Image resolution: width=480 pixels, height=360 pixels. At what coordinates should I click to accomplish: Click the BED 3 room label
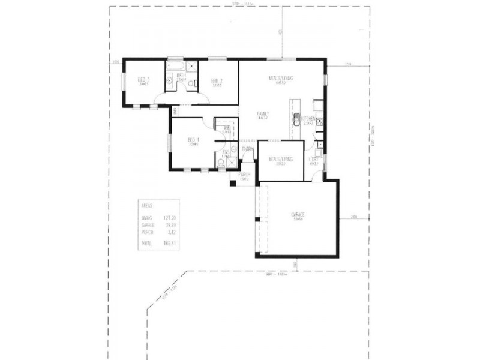tap(143, 80)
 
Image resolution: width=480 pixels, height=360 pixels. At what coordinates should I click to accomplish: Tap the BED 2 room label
tap(217, 81)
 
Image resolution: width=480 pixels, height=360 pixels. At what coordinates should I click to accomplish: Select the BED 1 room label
tap(193, 140)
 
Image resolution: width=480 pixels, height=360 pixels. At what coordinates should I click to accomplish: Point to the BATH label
tap(181, 76)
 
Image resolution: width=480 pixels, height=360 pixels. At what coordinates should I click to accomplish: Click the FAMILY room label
tap(262, 113)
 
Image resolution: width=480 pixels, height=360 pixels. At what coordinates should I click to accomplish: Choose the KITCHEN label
tap(308, 118)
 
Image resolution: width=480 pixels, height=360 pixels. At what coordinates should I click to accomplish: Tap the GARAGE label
tap(298, 214)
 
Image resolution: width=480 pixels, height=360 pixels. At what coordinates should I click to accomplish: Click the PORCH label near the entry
tap(244, 175)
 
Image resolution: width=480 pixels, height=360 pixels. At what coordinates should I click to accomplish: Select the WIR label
tap(227, 128)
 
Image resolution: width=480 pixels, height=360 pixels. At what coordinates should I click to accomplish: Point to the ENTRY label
tap(247, 149)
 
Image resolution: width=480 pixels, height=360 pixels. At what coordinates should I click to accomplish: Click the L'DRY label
tap(313, 159)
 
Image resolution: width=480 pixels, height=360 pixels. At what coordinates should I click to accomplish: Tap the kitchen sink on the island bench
tap(296, 118)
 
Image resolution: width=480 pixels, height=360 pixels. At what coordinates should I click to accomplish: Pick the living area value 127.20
tap(170, 218)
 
